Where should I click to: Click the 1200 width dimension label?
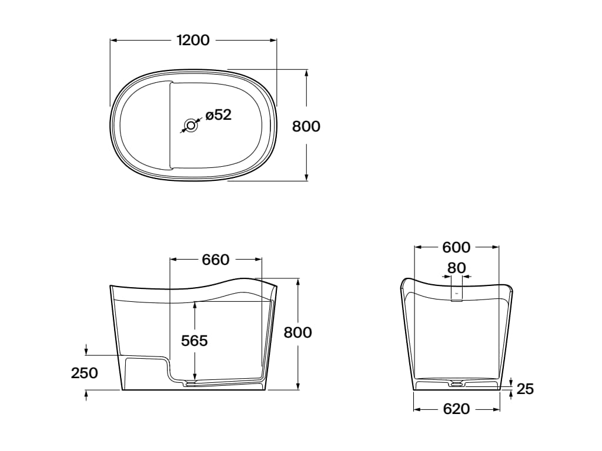[193, 40]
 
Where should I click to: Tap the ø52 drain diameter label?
[219, 115]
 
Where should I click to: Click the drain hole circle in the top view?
[191, 125]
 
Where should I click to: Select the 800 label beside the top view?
[306, 126]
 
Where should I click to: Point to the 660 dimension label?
[215, 260]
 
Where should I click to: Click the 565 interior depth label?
[194, 341]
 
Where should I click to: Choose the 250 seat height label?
[85, 373]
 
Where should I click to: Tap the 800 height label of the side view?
[297, 332]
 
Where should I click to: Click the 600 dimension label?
[456, 248]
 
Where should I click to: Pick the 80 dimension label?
[456, 268]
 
